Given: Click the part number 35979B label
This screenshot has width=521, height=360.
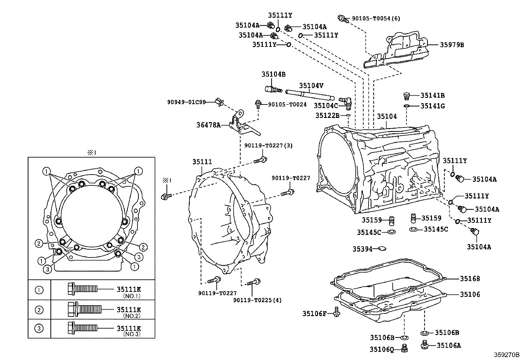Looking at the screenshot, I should tap(452, 45).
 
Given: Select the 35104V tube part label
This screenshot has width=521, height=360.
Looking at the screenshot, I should tap(311, 85).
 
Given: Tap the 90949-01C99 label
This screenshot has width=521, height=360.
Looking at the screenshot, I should tap(187, 102).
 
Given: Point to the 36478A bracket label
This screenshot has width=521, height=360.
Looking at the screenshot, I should tap(208, 125).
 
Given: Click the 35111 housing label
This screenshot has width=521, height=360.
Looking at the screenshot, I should tap(202, 162).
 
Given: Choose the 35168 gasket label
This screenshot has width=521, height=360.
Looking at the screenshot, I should tap(470, 279).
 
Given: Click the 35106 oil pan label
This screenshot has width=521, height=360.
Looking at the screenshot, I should tap(470, 294).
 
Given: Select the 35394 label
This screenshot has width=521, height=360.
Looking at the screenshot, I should tap(362, 249).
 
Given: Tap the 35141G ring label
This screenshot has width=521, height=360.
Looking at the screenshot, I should tap(432, 106).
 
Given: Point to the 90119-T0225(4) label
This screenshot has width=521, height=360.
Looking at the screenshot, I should tap(257, 300).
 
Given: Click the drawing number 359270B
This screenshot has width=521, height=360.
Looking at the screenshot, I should tap(507, 355).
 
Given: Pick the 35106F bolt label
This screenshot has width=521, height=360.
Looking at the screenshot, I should tap(314, 314).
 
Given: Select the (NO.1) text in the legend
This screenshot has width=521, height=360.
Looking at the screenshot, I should tap(132, 296).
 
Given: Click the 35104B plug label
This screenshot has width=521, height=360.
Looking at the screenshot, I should tap(273, 74).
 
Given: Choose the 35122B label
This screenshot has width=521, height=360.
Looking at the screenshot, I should tap(328, 115).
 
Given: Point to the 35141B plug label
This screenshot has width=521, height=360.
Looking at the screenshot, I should tap(432, 96).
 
